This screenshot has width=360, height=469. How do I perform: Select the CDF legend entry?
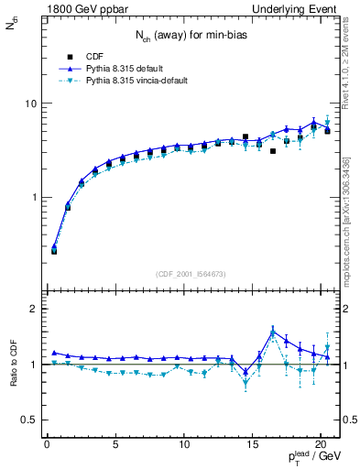tap(95, 55)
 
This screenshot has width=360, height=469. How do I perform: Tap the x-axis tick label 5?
tap(115, 446)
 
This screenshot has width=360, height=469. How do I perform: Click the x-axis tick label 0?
tap(47, 446)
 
